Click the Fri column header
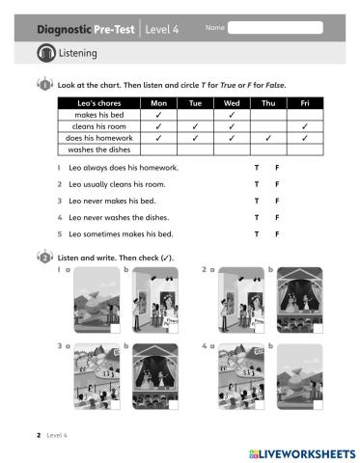pyautogui.click(x=304, y=102)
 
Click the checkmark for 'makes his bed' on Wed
pyautogui.click(x=232, y=115)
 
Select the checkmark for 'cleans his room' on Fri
pyautogui.click(x=304, y=126)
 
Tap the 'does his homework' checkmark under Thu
pyautogui.click(x=267, y=137)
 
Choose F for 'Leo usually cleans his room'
pyautogui.click(x=277, y=183)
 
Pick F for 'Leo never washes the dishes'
pyautogui.click(x=277, y=217)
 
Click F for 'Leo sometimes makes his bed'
pyautogui.click(x=277, y=233)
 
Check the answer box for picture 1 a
pyautogui.click(x=117, y=326)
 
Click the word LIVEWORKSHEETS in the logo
pyautogui.click(x=307, y=452)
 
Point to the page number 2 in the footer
pyautogui.click(x=38, y=436)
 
